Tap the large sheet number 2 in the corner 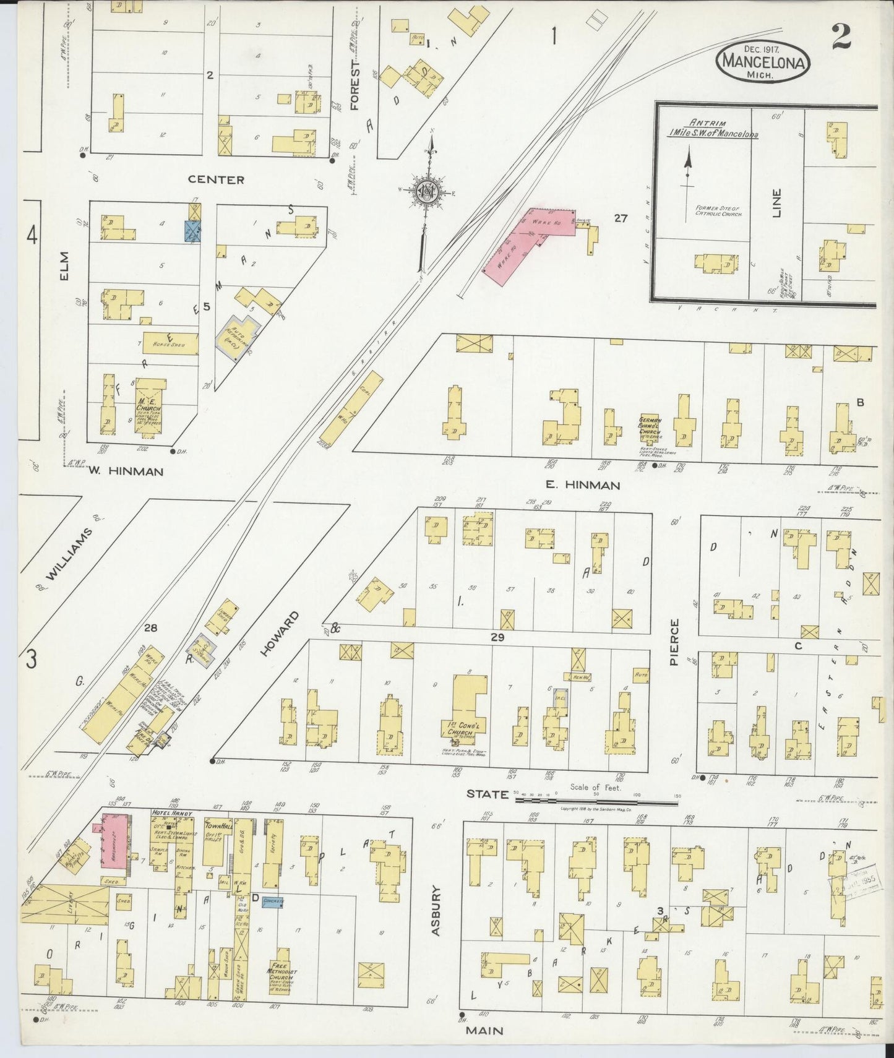tap(841, 37)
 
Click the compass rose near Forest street tap(426, 191)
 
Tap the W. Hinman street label tap(126, 471)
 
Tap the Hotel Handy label tap(173, 813)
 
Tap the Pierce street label tap(674, 642)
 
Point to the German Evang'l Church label tap(650, 424)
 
